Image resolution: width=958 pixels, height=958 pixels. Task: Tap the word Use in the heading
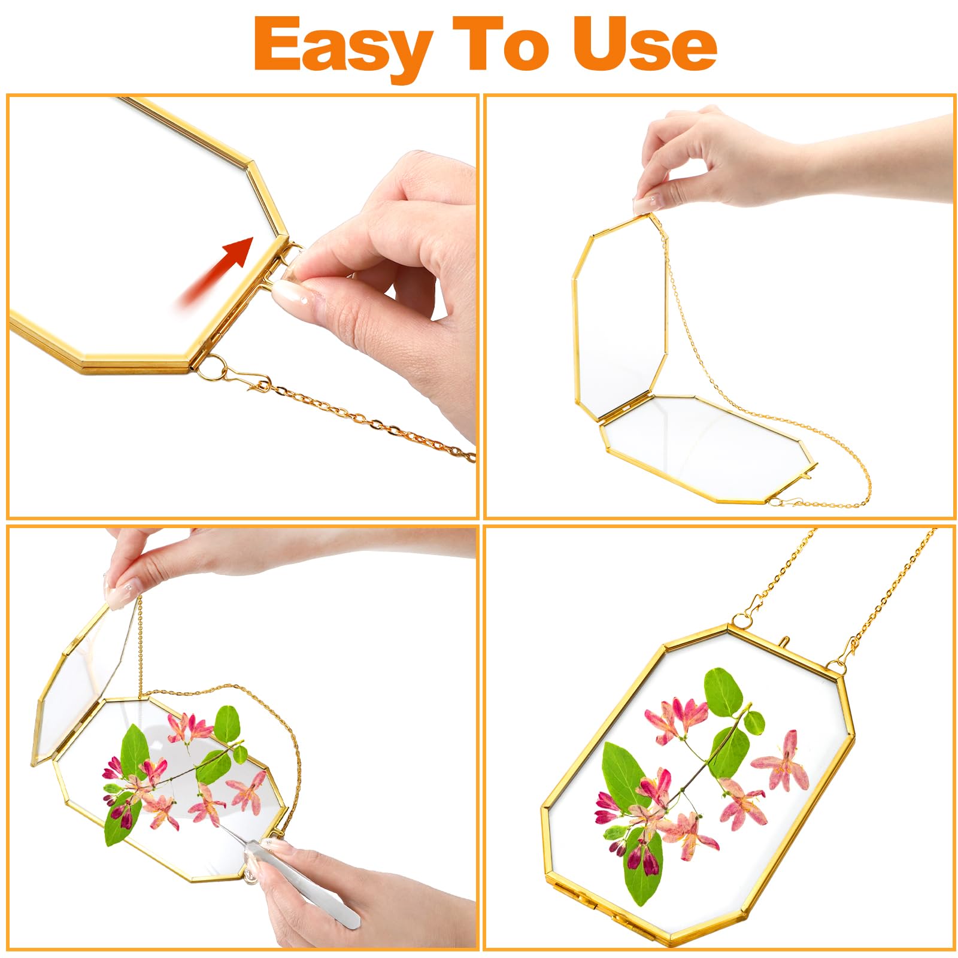coord(645,43)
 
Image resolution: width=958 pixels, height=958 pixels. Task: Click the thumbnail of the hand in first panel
coord(288,293)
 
